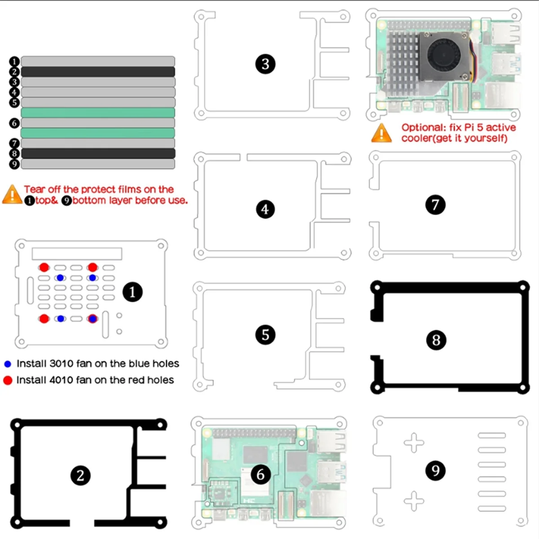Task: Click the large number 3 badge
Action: (265, 64)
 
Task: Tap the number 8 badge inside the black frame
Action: (436, 340)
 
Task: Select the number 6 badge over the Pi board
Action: (261, 474)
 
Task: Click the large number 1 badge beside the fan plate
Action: (133, 292)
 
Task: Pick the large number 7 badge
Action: (435, 205)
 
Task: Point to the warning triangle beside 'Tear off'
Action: (12, 194)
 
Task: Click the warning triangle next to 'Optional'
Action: (381, 133)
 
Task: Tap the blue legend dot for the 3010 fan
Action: (8, 364)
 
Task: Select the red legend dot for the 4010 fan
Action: (8, 380)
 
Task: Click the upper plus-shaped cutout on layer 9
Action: (414, 443)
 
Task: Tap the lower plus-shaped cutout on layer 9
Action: (414, 501)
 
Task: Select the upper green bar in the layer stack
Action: (98, 112)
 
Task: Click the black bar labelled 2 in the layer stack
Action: (98, 72)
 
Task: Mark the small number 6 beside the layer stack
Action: (14, 123)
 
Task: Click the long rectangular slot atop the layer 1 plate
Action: (77, 254)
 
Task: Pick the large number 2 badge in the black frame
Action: (80, 475)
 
